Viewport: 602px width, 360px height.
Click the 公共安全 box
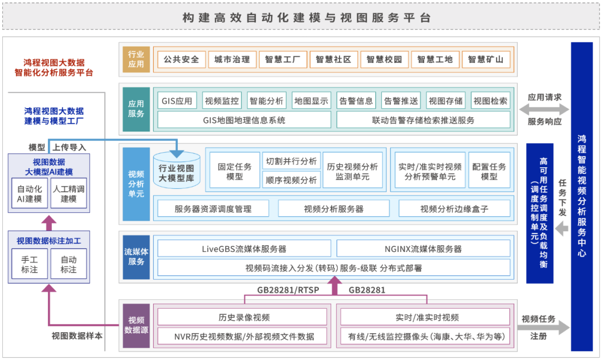[182, 60]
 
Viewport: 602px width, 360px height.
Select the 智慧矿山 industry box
[486, 60]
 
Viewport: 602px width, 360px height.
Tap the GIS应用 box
[177, 101]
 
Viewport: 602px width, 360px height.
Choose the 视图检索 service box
[491, 101]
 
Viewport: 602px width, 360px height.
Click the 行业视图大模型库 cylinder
[177, 171]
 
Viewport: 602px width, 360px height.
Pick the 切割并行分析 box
[292, 161]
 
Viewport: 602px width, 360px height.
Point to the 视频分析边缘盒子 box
[454, 209]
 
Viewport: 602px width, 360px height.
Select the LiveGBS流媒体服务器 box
[244, 249]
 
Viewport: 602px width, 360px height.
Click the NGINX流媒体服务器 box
[423, 249]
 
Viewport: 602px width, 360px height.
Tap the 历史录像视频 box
[244, 318]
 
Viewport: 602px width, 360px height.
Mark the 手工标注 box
[30, 264]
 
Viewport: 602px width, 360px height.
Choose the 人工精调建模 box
[69, 194]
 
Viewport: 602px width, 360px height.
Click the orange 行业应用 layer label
[137, 60]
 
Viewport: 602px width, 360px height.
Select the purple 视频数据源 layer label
[137, 325]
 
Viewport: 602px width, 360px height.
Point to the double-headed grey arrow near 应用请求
[544, 109]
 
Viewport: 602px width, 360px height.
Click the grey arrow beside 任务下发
[562, 229]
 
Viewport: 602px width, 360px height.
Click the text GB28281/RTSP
[288, 290]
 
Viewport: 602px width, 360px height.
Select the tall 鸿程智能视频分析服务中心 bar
[581, 197]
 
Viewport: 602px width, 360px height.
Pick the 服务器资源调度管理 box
[213, 209]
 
